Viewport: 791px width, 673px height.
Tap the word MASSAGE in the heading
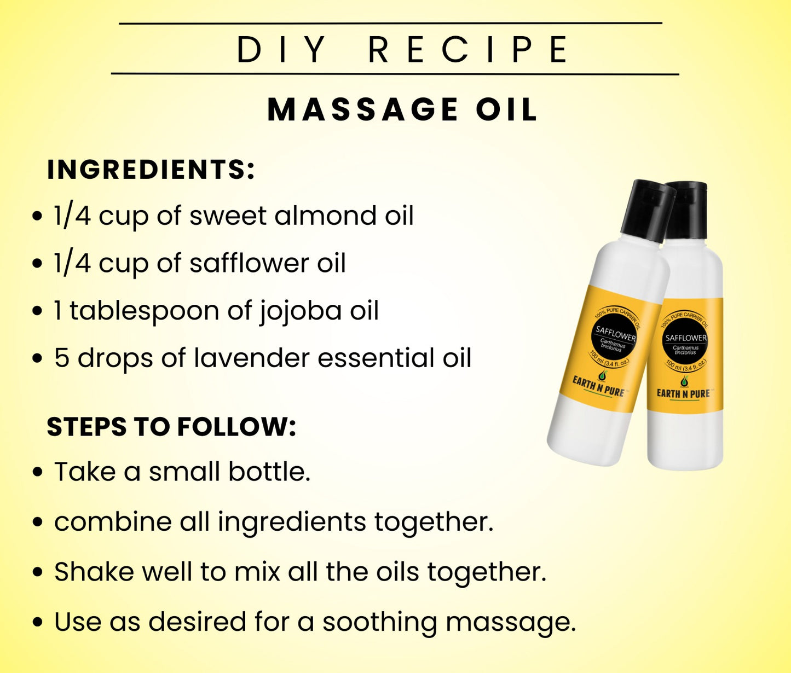coord(362,110)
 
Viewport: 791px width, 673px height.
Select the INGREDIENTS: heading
coord(151,169)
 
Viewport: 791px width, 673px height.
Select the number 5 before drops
coord(62,358)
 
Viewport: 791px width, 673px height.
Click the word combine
coord(113,521)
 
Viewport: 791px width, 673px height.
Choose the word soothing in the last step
coord(379,622)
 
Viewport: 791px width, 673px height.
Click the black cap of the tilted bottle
coord(647,211)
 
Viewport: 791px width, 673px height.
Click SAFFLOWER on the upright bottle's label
coord(686,338)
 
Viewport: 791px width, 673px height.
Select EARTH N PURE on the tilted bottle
coord(598,386)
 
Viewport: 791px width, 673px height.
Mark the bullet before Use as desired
coord(37,623)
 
